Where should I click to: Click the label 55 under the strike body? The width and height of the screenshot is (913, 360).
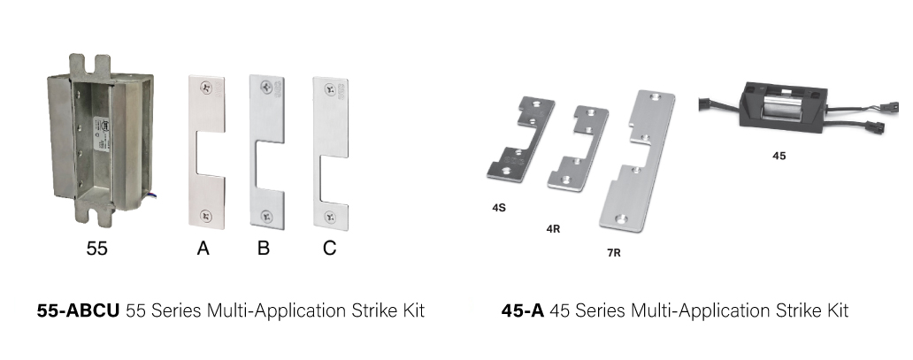coord(96,249)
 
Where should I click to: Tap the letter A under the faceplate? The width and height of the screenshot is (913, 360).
coord(203,249)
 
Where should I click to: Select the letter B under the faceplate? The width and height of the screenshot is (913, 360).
coord(263,249)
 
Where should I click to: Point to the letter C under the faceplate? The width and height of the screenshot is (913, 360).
coord(329,249)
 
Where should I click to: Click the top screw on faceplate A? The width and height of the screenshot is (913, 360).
coord(205,88)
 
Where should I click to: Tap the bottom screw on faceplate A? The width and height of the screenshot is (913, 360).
coord(206,216)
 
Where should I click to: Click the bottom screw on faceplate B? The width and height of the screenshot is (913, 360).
coord(266,217)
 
